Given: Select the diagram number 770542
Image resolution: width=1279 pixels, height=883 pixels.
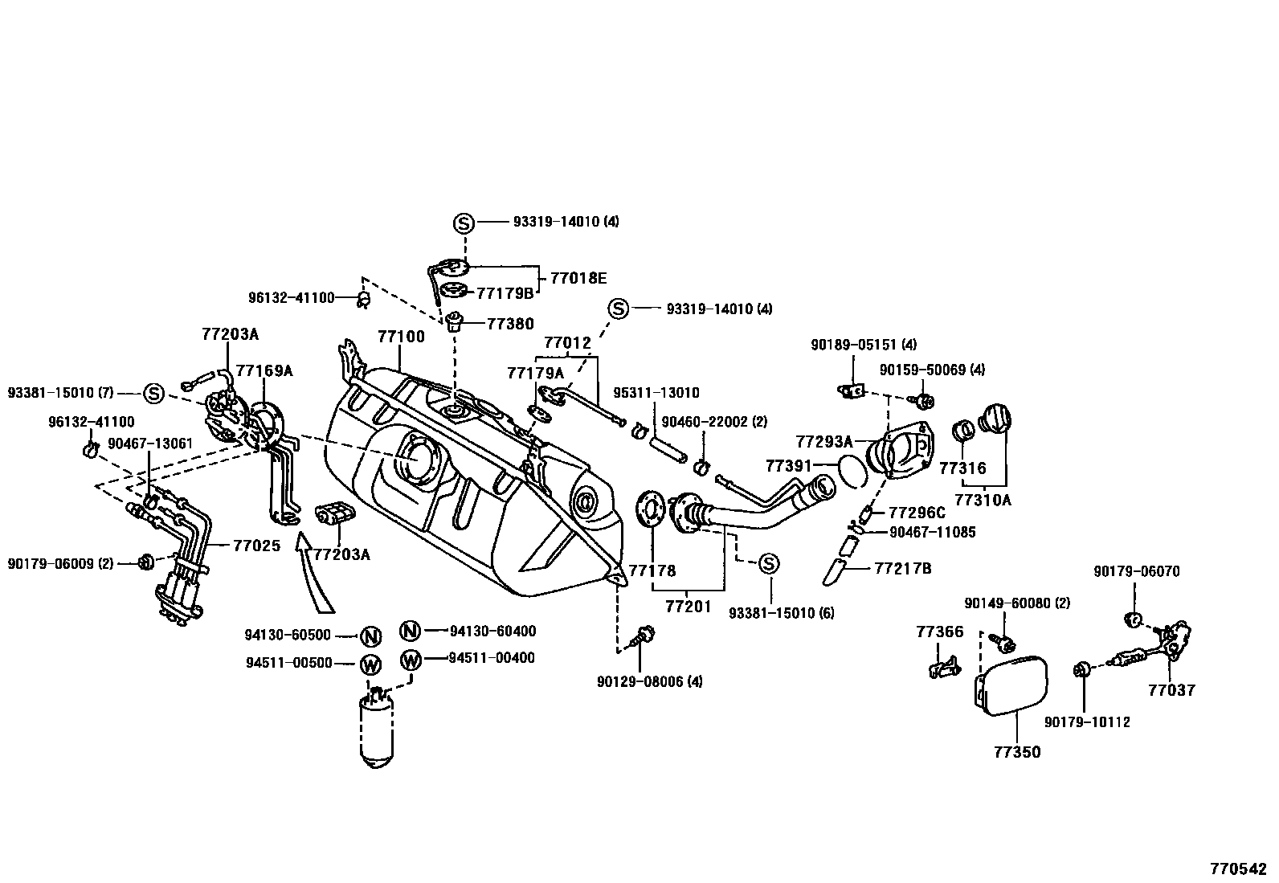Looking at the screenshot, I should (1238, 869).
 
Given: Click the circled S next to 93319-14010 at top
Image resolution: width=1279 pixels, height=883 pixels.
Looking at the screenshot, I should (464, 223).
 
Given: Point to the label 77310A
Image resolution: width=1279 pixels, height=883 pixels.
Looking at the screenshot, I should (987, 500).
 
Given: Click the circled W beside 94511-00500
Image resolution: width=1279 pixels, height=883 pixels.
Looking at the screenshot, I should (370, 664).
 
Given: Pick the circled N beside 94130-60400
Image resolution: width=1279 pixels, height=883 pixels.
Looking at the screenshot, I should (411, 632).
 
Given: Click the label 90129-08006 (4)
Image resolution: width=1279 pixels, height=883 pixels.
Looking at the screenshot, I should (649, 681).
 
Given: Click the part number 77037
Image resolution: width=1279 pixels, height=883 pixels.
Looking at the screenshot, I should (1171, 689).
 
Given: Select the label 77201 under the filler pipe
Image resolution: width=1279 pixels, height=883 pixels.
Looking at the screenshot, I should (689, 606).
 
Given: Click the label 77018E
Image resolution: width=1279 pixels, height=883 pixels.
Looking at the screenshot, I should (578, 278).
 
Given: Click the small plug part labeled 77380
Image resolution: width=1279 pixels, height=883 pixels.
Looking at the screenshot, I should (456, 322).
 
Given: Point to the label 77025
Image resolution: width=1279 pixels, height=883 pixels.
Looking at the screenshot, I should (256, 546).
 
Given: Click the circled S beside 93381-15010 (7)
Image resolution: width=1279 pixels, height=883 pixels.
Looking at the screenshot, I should (153, 394).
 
